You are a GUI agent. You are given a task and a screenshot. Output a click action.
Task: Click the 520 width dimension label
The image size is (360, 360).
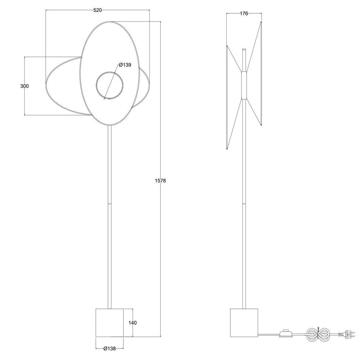[98, 10]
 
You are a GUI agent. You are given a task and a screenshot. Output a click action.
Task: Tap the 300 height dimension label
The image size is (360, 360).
[24, 86]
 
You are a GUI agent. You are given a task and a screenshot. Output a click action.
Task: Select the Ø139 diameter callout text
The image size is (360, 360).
[125, 65]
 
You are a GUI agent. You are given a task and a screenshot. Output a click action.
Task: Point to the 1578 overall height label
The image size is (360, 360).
[160, 181]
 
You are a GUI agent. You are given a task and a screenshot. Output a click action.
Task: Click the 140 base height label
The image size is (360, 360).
[132, 323]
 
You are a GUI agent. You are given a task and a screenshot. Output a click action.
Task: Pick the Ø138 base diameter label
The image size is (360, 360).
[109, 348]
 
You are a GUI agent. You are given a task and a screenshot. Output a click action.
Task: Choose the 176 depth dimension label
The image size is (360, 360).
[244, 14]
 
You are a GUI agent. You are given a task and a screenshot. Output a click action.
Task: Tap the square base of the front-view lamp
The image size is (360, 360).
[109, 323]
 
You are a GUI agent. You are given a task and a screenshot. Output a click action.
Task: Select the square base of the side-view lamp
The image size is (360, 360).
[244, 323]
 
